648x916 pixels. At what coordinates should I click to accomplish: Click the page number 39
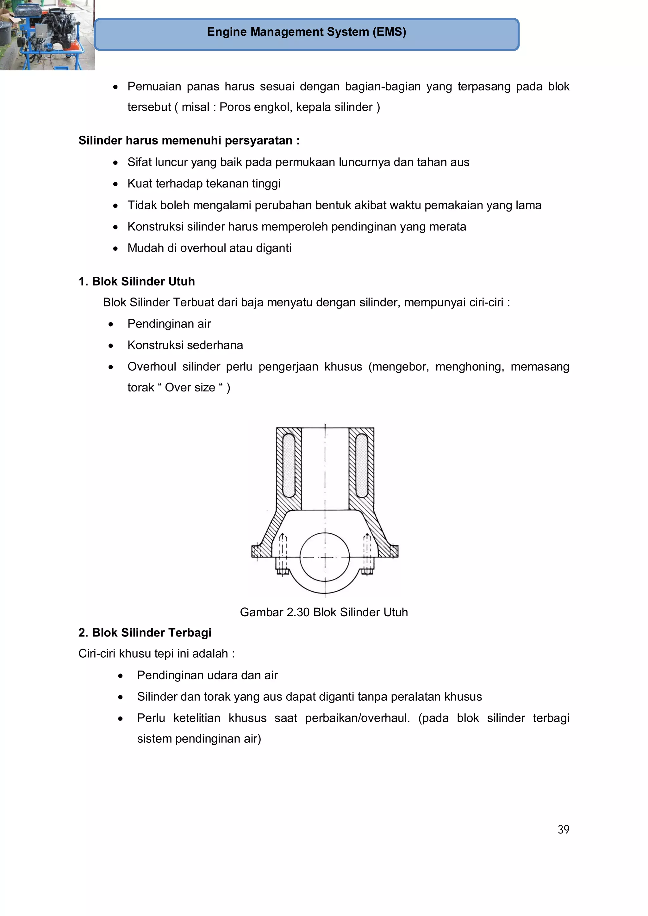coord(563,829)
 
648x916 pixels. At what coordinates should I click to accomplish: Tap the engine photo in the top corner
coord(47,35)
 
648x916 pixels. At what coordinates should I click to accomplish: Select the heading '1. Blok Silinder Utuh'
coord(137,281)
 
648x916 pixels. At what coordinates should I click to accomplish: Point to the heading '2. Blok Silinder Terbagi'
coord(145,632)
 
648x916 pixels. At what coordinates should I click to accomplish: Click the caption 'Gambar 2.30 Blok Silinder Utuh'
coord(324,612)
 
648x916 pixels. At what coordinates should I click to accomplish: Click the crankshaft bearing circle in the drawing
coord(325,557)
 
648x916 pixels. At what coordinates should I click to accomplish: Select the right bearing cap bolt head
coord(367,572)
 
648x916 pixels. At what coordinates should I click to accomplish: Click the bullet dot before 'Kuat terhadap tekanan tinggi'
coord(115,184)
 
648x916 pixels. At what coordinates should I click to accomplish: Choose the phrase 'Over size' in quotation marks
coord(190,387)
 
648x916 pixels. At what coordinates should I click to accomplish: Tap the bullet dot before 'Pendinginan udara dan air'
coord(121,676)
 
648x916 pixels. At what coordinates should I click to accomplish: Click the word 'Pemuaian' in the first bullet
coord(154,87)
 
